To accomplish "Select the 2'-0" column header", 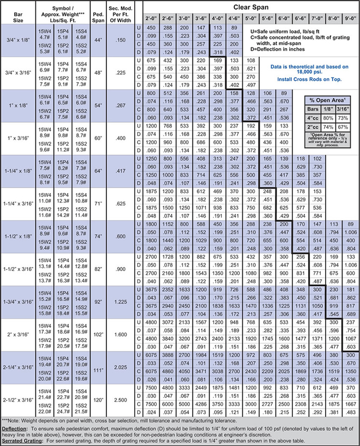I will (151, 18).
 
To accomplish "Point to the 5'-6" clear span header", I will (267, 18).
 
